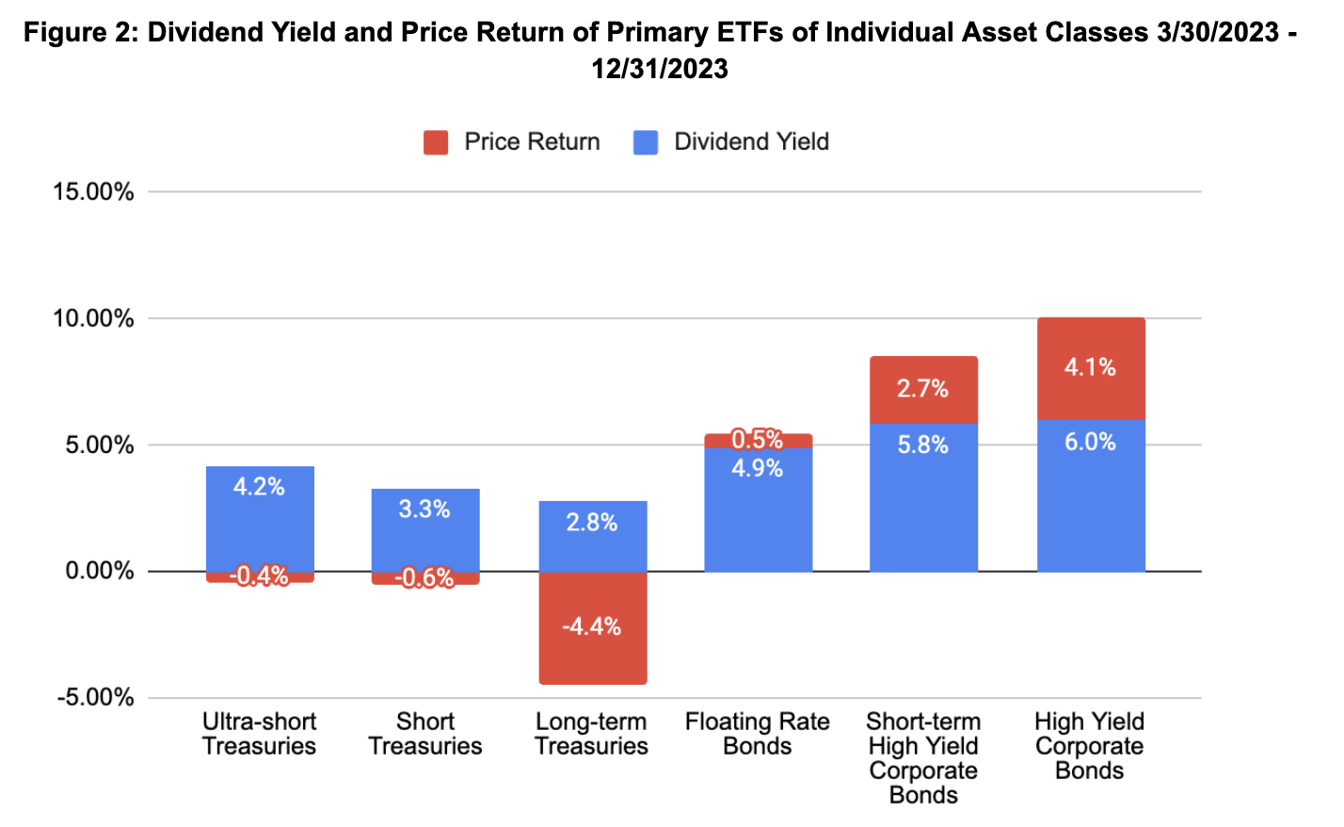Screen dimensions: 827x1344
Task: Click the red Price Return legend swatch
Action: pos(435,142)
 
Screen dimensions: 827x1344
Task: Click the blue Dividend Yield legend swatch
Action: pos(646,142)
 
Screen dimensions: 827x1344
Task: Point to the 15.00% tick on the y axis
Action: pos(93,192)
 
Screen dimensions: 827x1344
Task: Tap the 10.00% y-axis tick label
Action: pos(93,318)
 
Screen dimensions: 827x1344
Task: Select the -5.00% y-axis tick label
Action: pos(95,698)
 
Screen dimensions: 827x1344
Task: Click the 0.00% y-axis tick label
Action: pos(99,571)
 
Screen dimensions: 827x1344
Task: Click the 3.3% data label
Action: pos(424,510)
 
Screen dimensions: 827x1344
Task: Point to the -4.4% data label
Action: pos(591,626)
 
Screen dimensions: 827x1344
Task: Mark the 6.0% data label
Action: pos(1090,442)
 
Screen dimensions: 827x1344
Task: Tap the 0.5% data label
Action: pos(758,440)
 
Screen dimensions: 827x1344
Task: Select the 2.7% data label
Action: pos(922,388)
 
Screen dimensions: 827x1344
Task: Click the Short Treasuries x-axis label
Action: pos(425,734)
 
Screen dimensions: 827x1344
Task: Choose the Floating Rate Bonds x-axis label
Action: pos(758,734)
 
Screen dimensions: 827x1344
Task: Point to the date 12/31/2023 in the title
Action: pos(660,69)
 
